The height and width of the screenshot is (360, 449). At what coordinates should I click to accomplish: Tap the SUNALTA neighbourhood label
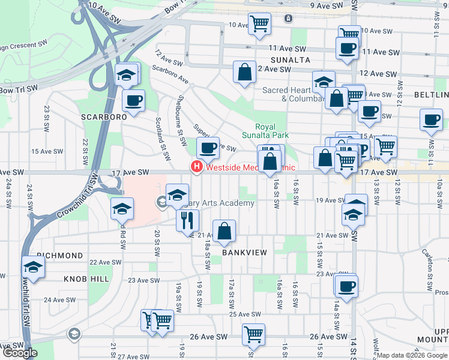290,60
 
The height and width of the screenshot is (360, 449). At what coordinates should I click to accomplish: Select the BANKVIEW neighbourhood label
244,253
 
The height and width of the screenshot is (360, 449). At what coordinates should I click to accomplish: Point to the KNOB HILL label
87,279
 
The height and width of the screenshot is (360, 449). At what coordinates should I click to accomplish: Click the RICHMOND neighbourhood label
59,256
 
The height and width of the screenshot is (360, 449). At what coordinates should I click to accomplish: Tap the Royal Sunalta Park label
273,131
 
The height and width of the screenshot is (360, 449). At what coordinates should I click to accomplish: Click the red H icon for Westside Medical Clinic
196,167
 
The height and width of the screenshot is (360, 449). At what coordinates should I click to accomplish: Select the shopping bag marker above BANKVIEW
224,232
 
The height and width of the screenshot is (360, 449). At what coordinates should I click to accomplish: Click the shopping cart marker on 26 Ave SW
254,335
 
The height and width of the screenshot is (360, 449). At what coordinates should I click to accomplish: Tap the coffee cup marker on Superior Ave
208,148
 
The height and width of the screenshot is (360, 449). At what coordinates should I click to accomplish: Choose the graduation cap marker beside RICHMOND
34,268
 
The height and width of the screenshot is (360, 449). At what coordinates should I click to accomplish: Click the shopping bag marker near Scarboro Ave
244,73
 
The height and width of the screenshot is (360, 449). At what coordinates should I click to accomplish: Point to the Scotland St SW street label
160,133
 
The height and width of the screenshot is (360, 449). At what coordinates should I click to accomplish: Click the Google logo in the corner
19,353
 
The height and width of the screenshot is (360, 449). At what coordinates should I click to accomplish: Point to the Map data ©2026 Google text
412,355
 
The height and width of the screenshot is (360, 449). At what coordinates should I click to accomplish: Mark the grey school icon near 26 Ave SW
74,334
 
